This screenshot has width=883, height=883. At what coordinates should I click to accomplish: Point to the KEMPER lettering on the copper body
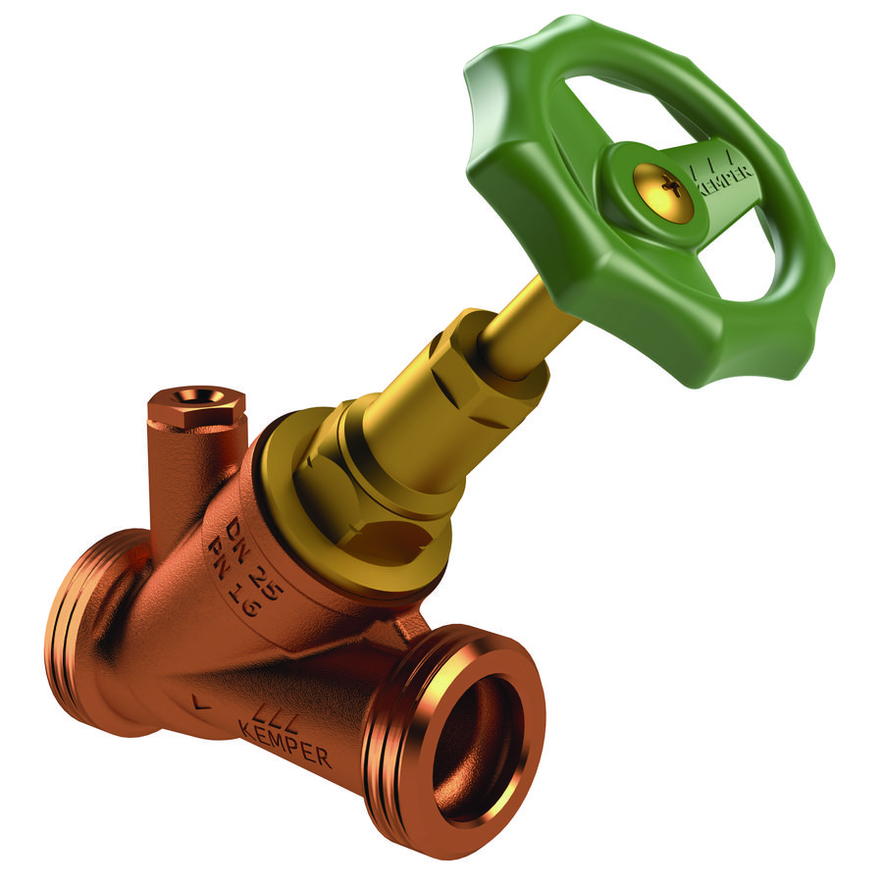(x=284, y=743)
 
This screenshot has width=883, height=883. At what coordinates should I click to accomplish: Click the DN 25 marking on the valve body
(x=248, y=548)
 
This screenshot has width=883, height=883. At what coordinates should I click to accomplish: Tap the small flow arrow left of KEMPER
(x=201, y=701)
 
